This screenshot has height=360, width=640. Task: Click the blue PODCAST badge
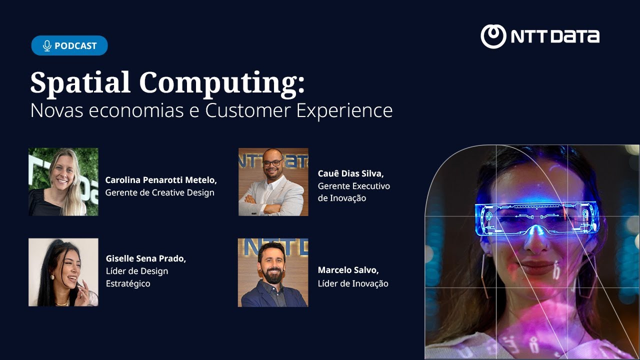[69, 45]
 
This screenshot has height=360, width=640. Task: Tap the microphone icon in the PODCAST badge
[47, 46]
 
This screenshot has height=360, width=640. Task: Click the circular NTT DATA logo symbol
[493, 36]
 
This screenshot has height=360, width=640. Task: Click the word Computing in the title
[221, 83]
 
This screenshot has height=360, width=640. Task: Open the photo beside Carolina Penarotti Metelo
[63, 182]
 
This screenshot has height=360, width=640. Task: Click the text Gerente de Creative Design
[159, 192]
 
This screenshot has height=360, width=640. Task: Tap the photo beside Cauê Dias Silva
[273, 182]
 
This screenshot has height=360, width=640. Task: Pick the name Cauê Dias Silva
[350, 173]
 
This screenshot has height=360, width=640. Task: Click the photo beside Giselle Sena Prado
[63, 272]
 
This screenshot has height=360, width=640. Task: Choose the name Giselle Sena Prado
[145, 258]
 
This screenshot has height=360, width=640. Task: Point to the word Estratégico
[128, 283]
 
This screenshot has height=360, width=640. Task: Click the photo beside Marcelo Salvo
[273, 272]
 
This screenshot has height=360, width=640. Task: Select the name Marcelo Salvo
[348, 270]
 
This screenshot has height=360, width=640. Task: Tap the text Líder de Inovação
[352, 283]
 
